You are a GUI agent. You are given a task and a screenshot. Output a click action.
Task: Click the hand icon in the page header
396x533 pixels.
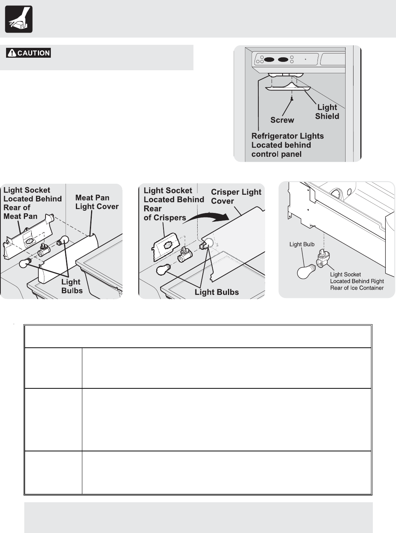click(x=19, y=19)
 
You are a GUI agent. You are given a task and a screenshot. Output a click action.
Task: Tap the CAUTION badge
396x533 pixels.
click(x=28, y=53)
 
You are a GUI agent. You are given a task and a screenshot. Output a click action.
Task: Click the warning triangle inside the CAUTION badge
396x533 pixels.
click(x=12, y=53)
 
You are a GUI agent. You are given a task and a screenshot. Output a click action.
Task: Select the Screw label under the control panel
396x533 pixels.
click(x=282, y=120)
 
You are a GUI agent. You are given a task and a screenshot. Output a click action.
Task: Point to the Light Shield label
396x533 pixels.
click(x=327, y=112)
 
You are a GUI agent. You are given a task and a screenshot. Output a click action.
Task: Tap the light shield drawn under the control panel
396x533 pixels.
click(x=288, y=89)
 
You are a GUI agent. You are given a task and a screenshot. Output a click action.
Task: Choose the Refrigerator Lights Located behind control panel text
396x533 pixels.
click(x=287, y=145)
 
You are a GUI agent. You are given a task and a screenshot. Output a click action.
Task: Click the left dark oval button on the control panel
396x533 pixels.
click(x=269, y=60)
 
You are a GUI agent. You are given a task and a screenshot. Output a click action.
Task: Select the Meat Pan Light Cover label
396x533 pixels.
click(x=97, y=202)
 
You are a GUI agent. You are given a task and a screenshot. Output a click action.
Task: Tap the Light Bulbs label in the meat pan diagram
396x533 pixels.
click(x=72, y=286)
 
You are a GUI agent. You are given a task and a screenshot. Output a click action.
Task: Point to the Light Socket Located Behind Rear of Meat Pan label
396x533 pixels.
click(x=32, y=203)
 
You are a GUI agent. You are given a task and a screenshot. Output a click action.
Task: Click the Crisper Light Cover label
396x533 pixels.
click(x=236, y=196)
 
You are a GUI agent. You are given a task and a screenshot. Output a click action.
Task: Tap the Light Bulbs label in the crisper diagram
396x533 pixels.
click(x=217, y=292)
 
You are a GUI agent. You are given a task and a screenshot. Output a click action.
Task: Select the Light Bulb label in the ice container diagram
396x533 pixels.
click(x=302, y=244)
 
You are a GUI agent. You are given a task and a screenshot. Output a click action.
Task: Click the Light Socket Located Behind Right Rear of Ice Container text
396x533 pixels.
click(x=357, y=281)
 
